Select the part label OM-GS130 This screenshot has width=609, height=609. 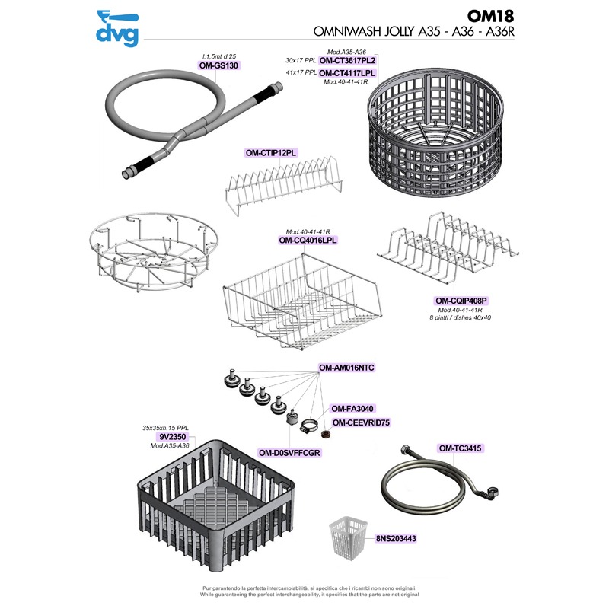point(219,65)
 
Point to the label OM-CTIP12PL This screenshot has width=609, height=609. point(270,153)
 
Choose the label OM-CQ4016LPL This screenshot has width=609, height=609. point(308,240)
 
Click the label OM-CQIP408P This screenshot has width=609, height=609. point(461,301)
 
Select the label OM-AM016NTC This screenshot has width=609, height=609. point(347,368)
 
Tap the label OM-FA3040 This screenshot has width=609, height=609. point(351,409)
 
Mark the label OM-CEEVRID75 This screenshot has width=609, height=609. point(361,422)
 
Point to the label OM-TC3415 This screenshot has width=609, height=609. point(461,449)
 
